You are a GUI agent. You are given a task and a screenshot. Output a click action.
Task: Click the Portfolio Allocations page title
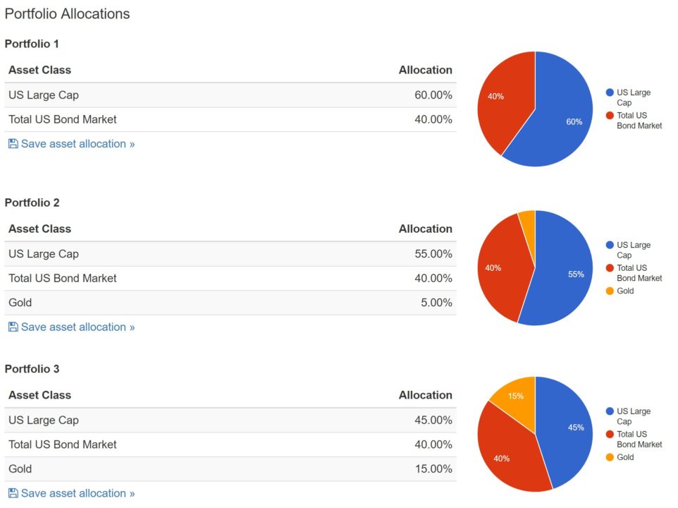[x=68, y=14]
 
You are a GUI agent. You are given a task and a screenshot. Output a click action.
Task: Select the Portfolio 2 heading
[x=32, y=202]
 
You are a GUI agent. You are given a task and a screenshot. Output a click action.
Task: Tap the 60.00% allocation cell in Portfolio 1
[x=433, y=95]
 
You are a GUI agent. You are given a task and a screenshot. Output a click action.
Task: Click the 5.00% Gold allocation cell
[x=436, y=303]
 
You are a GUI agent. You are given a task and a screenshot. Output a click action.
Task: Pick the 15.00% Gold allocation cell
[x=433, y=469]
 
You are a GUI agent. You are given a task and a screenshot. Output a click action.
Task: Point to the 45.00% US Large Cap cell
[x=433, y=421]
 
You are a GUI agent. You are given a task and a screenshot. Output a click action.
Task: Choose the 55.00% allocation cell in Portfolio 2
[x=433, y=254]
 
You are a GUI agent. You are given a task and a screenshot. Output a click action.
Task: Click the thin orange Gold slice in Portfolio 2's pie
[x=527, y=219]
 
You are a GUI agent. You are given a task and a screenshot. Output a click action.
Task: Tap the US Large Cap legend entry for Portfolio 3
[x=633, y=416]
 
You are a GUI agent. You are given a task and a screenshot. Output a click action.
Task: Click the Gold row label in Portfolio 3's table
[x=20, y=469]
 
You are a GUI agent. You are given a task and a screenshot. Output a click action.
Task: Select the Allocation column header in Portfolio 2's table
[x=425, y=229]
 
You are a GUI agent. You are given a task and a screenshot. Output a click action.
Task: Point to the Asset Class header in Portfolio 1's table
[x=39, y=70]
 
